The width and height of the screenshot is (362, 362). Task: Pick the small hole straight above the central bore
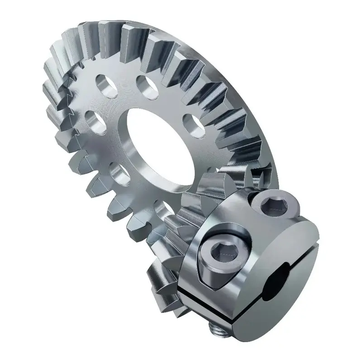(144, 84)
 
